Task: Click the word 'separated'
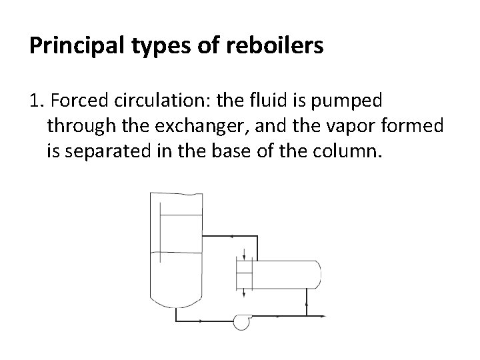click(104, 151)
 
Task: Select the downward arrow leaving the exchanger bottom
click(245, 292)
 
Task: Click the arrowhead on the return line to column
click(230, 235)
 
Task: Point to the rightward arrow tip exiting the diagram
click(323, 315)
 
